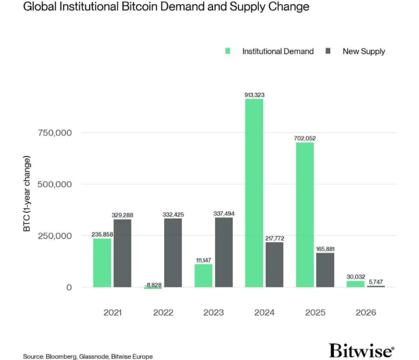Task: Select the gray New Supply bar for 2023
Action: click(x=224, y=252)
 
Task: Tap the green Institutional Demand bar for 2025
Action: click(x=304, y=215)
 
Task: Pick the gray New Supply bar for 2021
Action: click(x=122, y=253)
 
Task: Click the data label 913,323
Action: click(x=254, y=94)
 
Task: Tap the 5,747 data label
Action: click(x=375, y=281)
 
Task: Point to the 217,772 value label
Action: click(x=274, y=237)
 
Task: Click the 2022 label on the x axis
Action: click(x=163, y=313)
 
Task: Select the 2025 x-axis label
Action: click(x=315, y=313)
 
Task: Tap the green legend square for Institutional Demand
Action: click(x=228, y=51)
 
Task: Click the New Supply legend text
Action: click(x=364, y=51)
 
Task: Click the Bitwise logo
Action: click(x=362, y=350)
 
